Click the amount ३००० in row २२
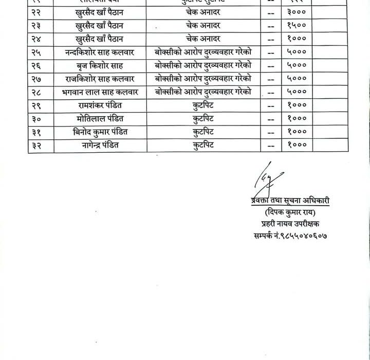tap(297, 12)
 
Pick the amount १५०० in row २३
tap(297, 25)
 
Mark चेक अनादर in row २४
tap(203, 39)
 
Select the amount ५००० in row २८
tap(297, 92)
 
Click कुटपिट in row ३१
tap(203, 132)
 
